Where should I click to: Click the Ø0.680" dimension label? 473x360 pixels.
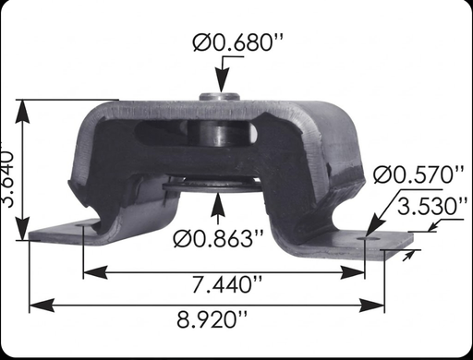coord(235,42)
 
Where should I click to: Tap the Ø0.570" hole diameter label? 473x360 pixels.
coord(417,174)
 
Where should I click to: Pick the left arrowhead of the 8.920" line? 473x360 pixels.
coord(34,302)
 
